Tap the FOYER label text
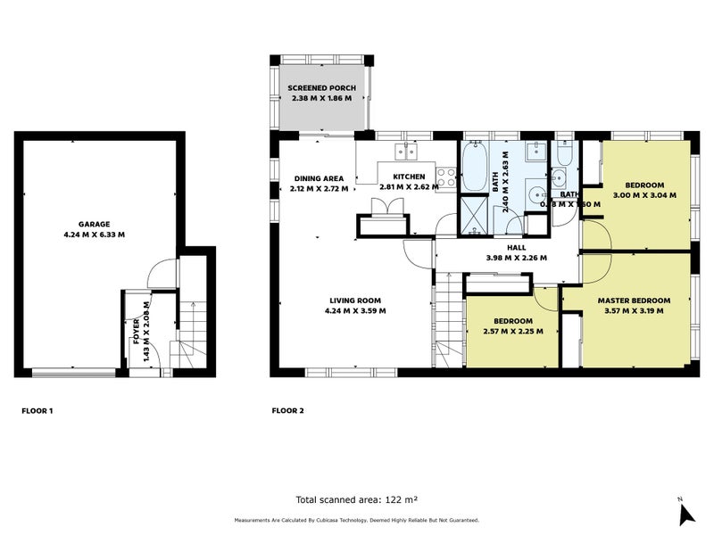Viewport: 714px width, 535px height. pyautogui.click(x=137, y=331)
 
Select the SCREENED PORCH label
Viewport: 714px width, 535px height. pyautogui.click(x=321, y=86)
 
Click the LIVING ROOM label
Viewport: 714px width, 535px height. pyautogui.click(x=355, y=300)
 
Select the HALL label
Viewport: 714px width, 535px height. pyautogui.click(x=516, y=247)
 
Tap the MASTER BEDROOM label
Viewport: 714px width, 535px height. pyautogui.click(x=635, y=300)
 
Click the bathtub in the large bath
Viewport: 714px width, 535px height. pyautogui.click(x=472, y=166)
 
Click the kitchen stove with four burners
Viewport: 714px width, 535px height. pyautogui.click(x=446, y=177)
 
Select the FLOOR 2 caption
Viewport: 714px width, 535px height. pyautogui.click(x=287, y=411)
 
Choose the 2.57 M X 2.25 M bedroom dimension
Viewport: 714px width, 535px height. pyautogui.click(x=512, y=331)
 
